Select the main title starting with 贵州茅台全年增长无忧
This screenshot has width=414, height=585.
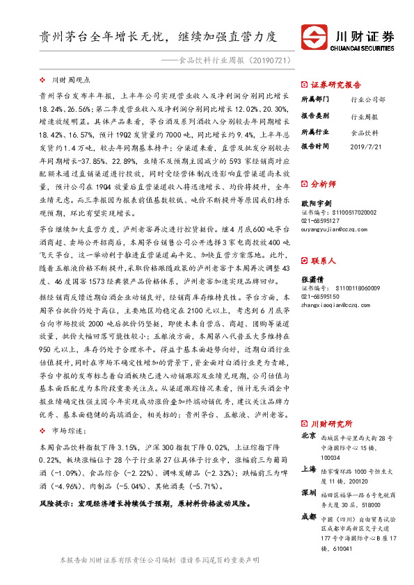[x=157, y=37]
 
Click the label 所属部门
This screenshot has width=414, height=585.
[x=315, y=99]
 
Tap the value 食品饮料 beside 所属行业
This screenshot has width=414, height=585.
[x=365, y=132]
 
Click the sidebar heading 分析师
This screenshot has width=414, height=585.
[x=323, y=185]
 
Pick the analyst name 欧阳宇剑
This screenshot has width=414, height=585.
[x=315, y=201]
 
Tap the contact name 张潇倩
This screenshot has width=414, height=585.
[x=312, y=278]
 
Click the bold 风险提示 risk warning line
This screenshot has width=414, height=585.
[x=144, y=502]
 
